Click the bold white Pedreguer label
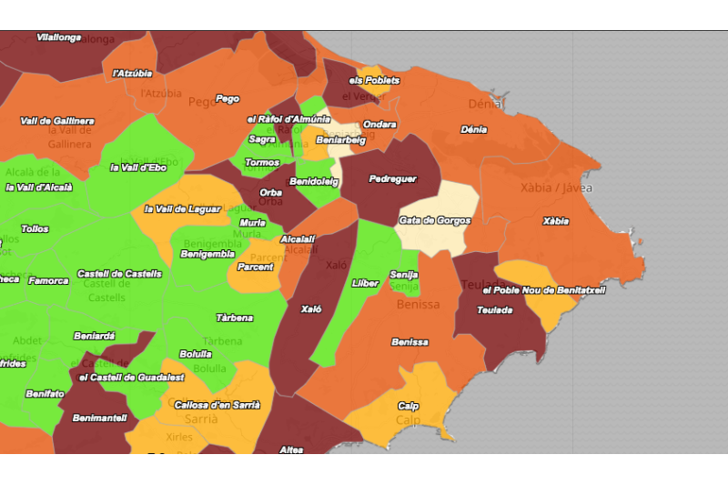392,179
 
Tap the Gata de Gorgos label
434,220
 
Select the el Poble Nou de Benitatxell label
543,289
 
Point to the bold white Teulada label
494,310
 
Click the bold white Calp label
408,406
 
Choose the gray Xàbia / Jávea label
556,188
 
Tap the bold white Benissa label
409,342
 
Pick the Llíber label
365,283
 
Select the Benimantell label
99,418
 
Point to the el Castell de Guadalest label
133,377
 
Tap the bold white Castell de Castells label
119,273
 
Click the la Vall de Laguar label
182,208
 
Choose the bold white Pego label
227,98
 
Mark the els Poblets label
374,80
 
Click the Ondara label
379,124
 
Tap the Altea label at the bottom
291,450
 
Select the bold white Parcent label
255,268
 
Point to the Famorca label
48,281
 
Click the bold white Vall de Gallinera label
56,121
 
